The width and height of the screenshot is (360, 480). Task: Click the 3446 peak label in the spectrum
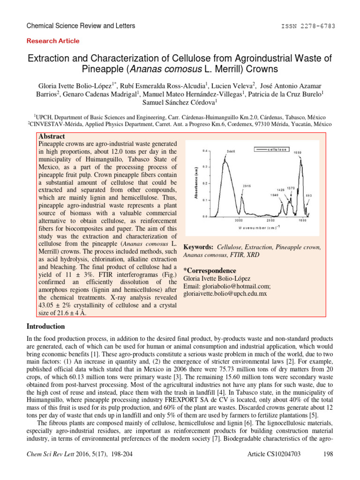coord(231,151)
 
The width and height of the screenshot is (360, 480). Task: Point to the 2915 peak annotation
coord(247,186)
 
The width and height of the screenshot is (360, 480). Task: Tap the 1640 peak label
coord(275,195)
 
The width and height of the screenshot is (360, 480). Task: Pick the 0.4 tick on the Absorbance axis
coord(204,151)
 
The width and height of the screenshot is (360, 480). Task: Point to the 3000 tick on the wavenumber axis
coord(238,220)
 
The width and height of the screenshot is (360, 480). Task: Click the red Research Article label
coord(53,41)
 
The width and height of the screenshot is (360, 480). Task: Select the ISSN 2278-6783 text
coord(314,26)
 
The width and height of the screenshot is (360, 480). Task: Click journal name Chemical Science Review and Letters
coord(82,26)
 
